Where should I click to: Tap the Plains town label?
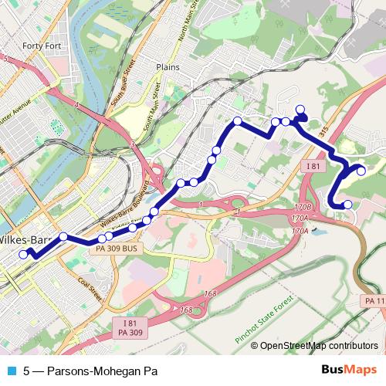point(167,67)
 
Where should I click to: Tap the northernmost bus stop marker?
point(300,109)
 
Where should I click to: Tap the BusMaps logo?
point(348,370)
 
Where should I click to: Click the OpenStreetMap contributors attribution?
point(318,346)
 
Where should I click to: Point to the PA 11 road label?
point(374,300)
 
